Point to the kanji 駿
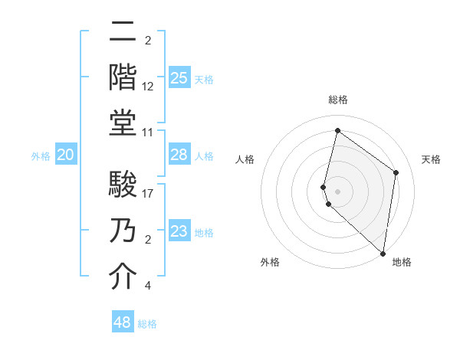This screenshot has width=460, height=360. pyautogui.click(x=123, y=185)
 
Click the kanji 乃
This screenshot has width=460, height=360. pyautogui.click(x=123, y=229)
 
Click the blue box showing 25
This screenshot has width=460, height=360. pyautogui.click(x=179, y=77)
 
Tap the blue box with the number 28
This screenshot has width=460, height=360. pyautogui.click(x=179, y=155)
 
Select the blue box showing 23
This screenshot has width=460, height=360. pyautogui.click(x=179, y=231)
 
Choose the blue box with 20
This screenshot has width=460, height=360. pyautogui.click(x=65, y=155)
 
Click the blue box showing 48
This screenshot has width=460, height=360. pyautogui.click(x=122, y=322)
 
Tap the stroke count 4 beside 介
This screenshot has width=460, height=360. pyautogui.click(x=147, y=286)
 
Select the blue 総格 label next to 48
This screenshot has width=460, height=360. pyautogui.click(x=147, y=324)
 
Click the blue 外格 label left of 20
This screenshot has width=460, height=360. pyautogui.click(x=41, y=156)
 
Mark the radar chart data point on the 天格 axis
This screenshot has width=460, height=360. pyautogui.click(x=396, y=172)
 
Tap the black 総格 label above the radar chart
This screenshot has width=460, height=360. pyautogui.click(x=338, y=100)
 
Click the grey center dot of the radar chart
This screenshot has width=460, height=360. pyautogui.click(x=338, y=191)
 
